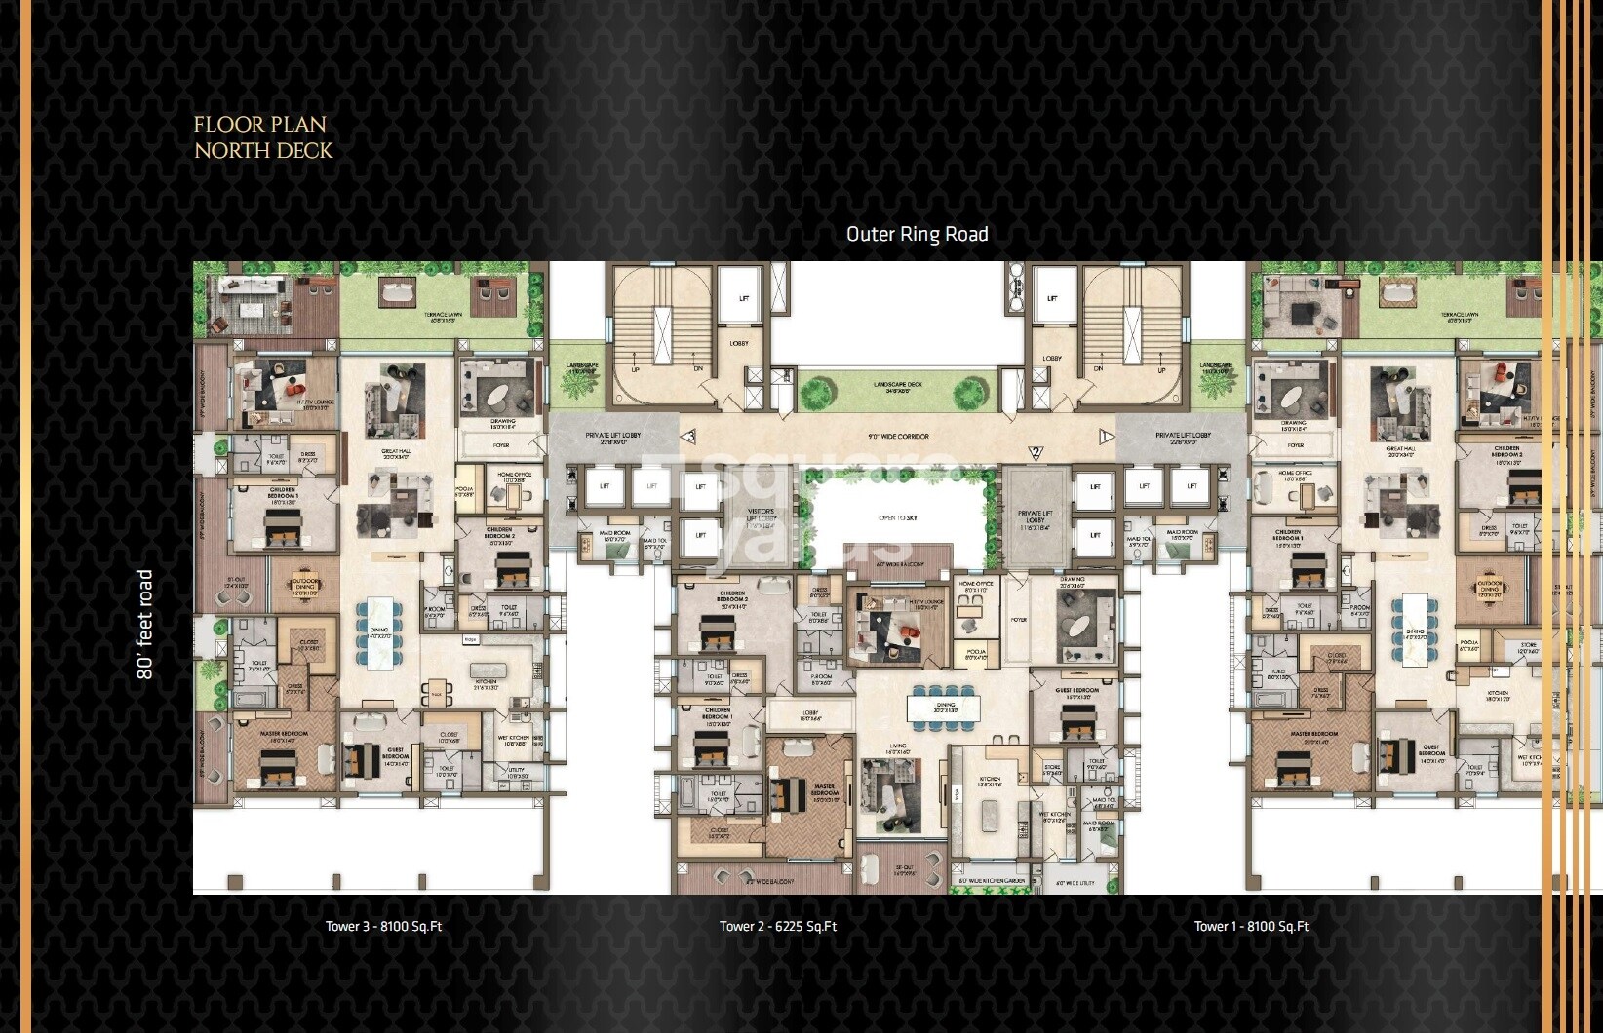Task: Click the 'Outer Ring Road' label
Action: (x=917, y=234)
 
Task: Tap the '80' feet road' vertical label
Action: (x=145, y=624)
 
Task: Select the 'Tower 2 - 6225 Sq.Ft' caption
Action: (x=777, y=926)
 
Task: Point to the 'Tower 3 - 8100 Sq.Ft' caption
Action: (x=383, y=926)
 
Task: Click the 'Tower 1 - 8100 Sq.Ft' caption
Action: (x=1251, y=926)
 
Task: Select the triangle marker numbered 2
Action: (x=1036, y=451)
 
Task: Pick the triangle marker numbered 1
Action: (x=1106, y=436)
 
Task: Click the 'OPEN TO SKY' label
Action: (x=897, y=518)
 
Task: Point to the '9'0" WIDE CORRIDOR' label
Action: (x=898, y=437)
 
